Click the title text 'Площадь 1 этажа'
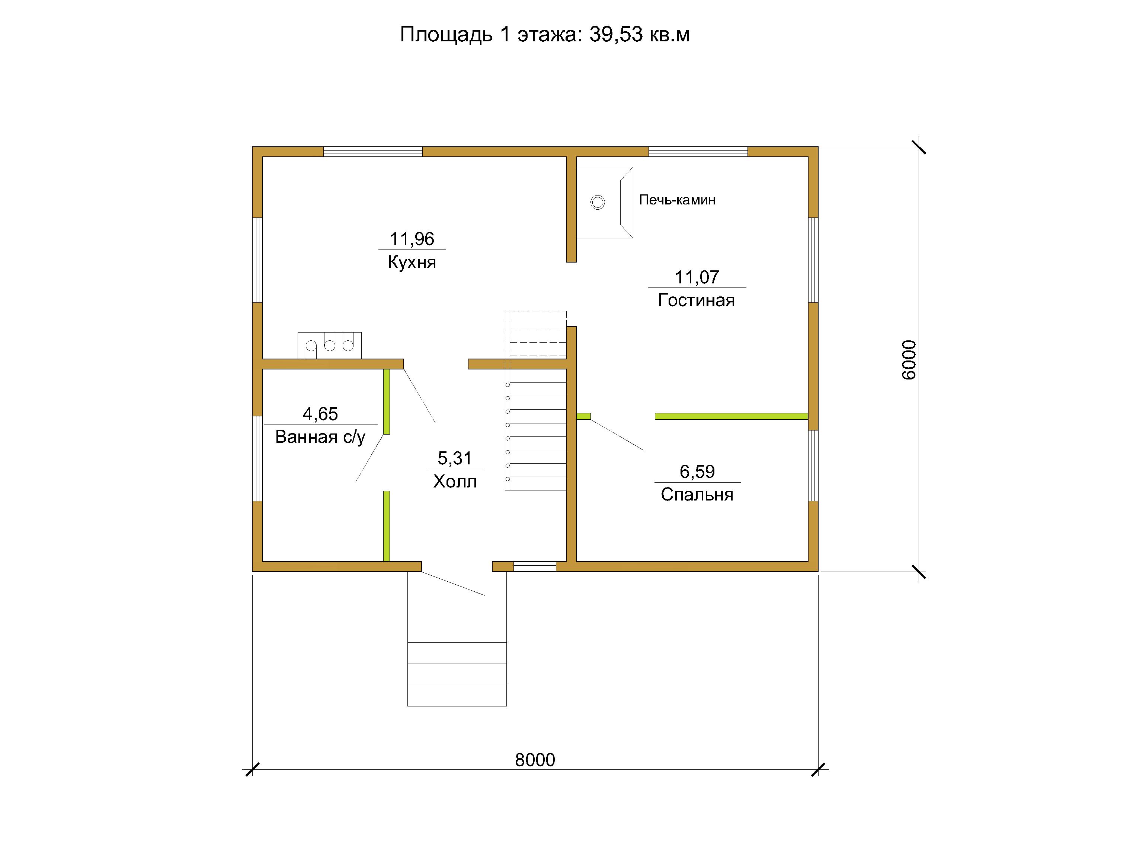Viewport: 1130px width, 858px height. coord(489,35)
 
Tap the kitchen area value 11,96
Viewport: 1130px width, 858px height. coord(412,239)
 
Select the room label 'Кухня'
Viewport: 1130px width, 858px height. coord(412,262)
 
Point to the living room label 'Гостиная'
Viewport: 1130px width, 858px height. coord(696,300)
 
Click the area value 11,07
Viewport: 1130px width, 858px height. coord(697,277)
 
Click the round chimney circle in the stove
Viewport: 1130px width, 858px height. coord(598,203)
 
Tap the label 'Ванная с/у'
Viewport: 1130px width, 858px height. coord(320,437)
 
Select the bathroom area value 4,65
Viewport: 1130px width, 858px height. coord(320,414)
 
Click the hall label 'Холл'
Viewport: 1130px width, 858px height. coord(455,482)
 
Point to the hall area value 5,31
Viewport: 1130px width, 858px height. coord(455,458)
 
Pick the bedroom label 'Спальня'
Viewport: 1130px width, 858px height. coord(697,495)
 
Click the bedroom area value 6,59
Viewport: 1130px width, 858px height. coord(697,471)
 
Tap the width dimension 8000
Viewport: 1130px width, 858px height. coord(535,760)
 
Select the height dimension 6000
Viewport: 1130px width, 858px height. coord(909,360)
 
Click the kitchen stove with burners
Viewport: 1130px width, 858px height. coord(330,346)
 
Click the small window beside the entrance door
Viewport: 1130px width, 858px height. coord(534,566)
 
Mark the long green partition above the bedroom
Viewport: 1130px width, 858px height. coord(732,417)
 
